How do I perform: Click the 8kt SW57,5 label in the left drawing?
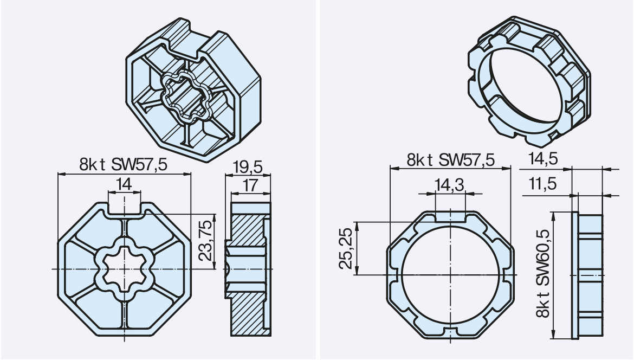click(x=124, y=164)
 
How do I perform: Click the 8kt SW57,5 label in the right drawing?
click(x=450, y=160)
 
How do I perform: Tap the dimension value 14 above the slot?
click(x=124, y=184)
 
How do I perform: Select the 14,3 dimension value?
click(x=450, y=185)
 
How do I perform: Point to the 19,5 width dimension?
click(x=248, y=166)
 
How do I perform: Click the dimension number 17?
click(x=250, y=185)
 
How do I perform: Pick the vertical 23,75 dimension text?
click(x=206, y=246)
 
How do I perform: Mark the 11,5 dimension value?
click(x=543, y=184)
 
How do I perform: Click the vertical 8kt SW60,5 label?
click(x=543, y=273)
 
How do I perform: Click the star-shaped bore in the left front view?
click(x=124, y=268)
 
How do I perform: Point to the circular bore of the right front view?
click(x=450, y=275)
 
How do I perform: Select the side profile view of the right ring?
click(x=587, y=275)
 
